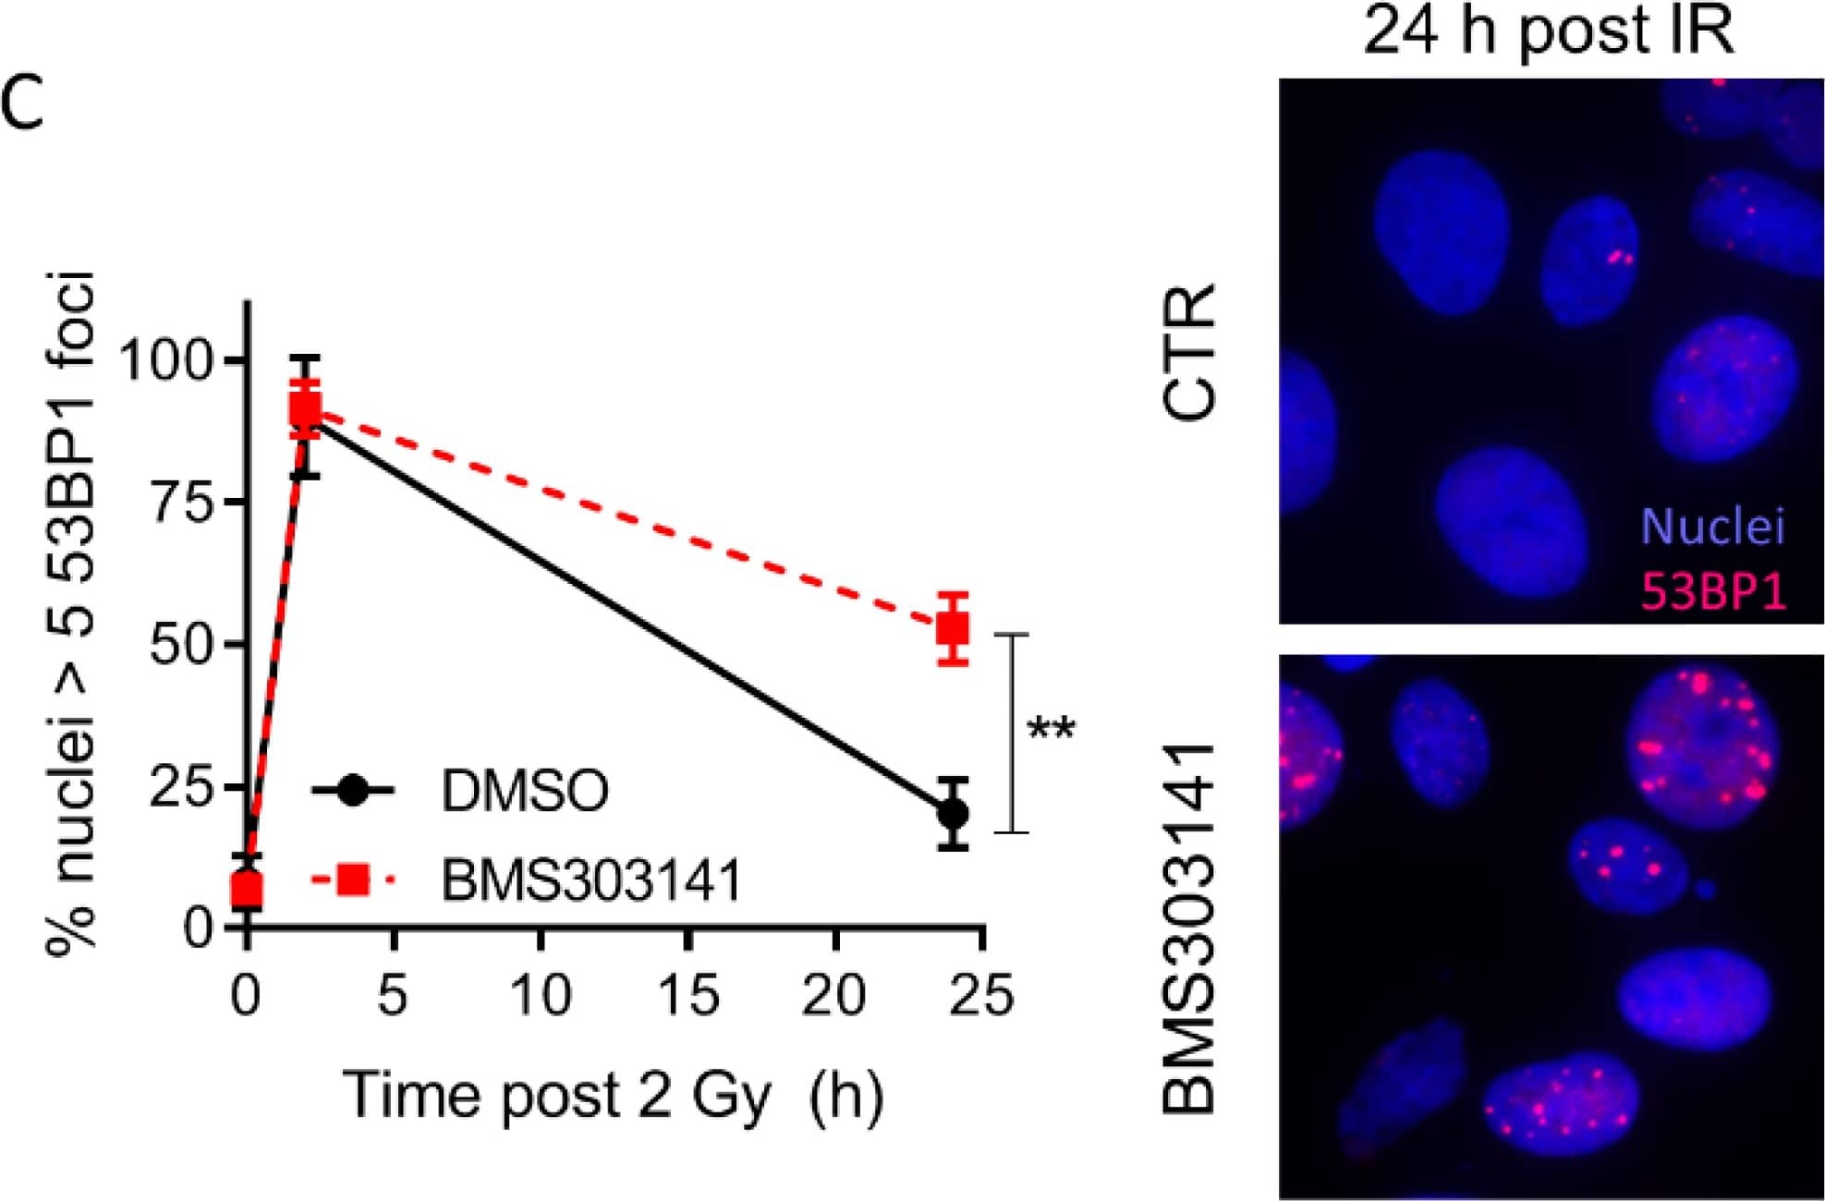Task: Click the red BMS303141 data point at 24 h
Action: point(953,630)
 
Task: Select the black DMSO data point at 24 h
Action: point(953,814)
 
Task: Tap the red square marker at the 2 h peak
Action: point(305,408)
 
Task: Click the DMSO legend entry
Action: point(524,791)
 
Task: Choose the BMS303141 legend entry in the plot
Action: point(591,880)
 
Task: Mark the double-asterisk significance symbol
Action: point(1052,730)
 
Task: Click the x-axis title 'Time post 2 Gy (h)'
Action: point(614,1097)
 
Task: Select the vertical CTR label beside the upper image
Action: point(1189,352)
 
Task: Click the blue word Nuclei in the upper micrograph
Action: point(1712,527)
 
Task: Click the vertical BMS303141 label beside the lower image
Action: point(1189,927)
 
